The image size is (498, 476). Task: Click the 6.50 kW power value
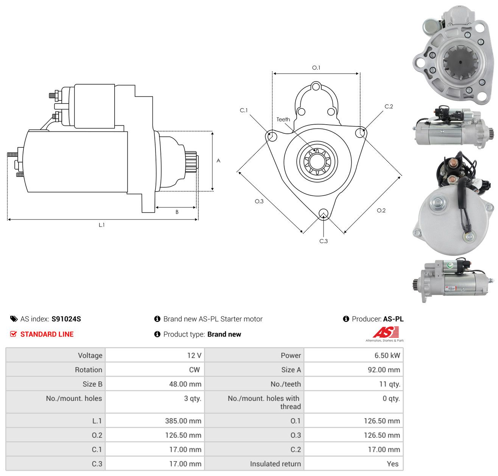click(387, 355)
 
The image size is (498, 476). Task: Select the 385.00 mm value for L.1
click(183, 421)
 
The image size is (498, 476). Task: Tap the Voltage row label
click(90, 355)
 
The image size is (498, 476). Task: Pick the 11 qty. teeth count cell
click(389, 384)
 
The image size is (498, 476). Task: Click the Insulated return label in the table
click(275, 464)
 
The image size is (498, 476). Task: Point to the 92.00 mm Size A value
click(384, 370)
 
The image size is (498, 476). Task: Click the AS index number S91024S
click(66, 319)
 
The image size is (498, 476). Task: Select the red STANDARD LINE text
click(47, 334)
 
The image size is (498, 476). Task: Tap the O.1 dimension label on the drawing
click(316, 68)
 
